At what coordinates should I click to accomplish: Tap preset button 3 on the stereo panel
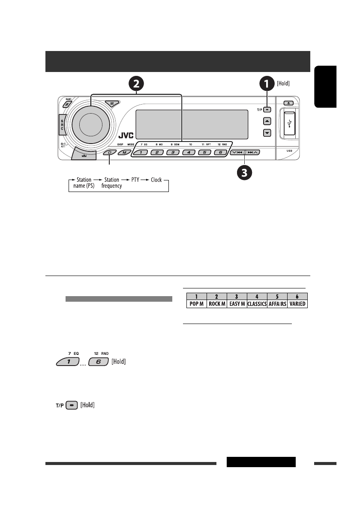[x=173, y=152]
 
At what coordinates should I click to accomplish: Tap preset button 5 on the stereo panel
[x=204, y=152]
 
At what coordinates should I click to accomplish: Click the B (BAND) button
[x=68, y=104]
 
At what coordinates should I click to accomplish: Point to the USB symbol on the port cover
[x=291, y=123]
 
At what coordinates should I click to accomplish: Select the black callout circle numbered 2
[x=136, y=83]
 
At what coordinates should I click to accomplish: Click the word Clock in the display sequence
[x=156, y=180]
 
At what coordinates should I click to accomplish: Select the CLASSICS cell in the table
[x=257, y=303]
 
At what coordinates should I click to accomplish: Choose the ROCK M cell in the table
[x=217, y=303]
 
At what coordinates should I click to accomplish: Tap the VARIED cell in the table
[x=297, y=303]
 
